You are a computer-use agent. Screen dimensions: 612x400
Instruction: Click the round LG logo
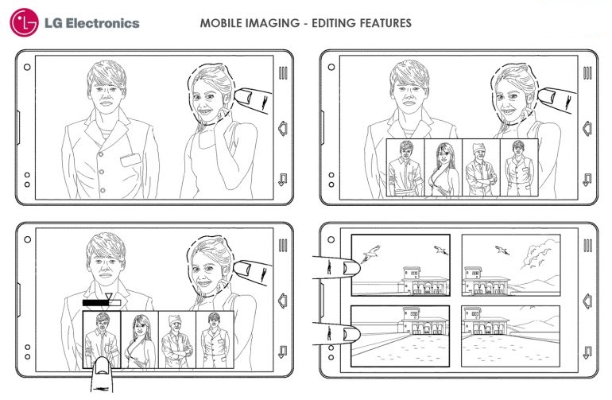coord(24,22)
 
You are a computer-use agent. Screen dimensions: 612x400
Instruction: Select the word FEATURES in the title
coord(385,23)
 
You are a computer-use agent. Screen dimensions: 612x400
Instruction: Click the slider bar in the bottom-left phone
coord(102,303)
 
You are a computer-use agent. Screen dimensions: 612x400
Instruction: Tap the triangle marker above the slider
coord(109,297)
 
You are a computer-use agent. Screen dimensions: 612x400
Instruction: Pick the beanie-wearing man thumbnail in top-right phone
coord(481,168)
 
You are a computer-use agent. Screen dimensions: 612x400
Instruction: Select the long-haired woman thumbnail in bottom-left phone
coord(139,340)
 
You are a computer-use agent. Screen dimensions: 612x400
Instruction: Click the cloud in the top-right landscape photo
coord(536,254)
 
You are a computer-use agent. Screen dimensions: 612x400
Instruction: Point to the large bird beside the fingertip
coord(370,254)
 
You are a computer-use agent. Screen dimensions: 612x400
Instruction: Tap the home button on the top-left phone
coord(283,128)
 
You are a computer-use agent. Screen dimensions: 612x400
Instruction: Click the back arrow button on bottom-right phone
coord(587,352)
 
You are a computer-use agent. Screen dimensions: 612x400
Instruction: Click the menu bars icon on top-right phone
coord(587,73)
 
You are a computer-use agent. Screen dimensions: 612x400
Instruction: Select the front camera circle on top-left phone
coord(27,67)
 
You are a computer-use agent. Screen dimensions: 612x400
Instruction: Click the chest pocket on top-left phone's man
coord(130,160)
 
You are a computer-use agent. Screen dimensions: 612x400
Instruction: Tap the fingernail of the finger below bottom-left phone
coord(103,366)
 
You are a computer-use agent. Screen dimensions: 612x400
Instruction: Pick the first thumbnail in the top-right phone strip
coord(405,168)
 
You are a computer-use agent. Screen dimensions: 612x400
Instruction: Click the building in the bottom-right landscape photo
coord(484,321)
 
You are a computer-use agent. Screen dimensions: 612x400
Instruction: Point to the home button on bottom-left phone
coord(283,300)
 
